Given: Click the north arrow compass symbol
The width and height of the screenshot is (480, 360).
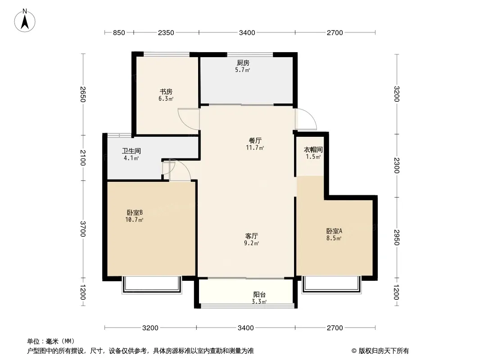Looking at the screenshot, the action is pos(25,21).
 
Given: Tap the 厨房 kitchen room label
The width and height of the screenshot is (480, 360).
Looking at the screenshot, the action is pos(243,63).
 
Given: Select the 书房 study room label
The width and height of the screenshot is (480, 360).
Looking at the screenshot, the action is pos(166,91).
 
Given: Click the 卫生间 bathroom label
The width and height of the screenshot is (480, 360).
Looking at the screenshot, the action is pos(131,151).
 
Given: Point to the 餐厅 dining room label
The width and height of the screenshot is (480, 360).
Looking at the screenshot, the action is pos(255,141).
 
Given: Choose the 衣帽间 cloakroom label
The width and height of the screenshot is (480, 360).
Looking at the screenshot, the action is pos(313,149).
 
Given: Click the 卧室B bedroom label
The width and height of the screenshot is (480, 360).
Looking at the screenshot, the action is pos(135,212).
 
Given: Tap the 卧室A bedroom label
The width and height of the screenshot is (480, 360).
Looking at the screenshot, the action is pos(334,231).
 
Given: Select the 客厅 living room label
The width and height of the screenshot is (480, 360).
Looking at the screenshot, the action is pos(252,236).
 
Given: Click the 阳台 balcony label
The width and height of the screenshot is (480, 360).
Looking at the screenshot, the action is pos(259,295).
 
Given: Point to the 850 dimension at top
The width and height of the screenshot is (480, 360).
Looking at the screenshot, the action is pos(119,33).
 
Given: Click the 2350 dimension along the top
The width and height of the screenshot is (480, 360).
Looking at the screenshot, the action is pos(166,33).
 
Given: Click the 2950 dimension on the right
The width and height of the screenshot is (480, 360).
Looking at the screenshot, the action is pos(396,237).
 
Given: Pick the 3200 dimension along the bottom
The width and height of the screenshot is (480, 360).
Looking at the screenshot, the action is pos(150,328).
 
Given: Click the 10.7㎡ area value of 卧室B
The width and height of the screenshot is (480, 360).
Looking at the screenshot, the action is pos(134,220).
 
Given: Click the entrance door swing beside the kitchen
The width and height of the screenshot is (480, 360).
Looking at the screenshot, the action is pos(306,119).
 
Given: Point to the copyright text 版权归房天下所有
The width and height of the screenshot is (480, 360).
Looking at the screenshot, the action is pos(384,351).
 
